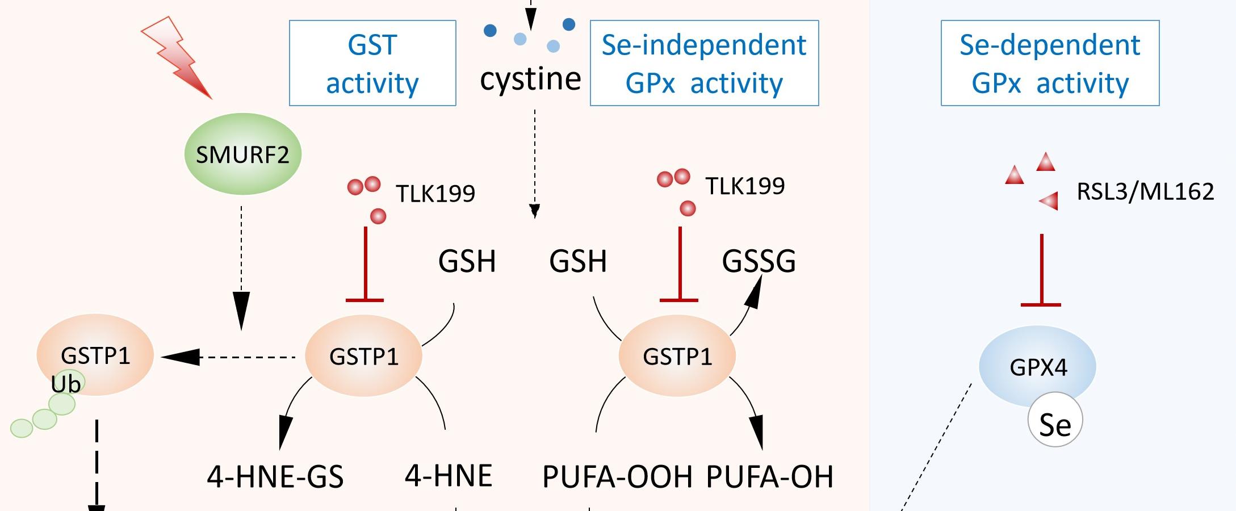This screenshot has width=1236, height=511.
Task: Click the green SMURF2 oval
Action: point(242,154)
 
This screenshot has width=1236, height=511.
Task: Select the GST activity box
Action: point(372,63)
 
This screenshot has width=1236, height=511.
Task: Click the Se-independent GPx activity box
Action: point(704,63)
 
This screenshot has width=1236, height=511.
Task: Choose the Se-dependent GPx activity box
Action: point(1050,63)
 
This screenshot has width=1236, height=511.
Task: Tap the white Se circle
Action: point(1055,422)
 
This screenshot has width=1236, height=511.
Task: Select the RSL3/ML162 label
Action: point(1145,192)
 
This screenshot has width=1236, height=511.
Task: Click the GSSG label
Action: point(759,261)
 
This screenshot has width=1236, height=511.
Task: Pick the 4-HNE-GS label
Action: point(275,476)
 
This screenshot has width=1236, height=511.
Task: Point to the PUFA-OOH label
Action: point(617,476)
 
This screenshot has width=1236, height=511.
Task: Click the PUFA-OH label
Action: point(769,476)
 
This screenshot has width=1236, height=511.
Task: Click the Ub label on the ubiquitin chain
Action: point(66,384)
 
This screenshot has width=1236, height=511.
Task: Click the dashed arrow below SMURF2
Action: point(241,267)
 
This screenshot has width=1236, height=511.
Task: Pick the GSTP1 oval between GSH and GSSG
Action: point(677,356)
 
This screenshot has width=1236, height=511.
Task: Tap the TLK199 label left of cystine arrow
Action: point(435,194)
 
